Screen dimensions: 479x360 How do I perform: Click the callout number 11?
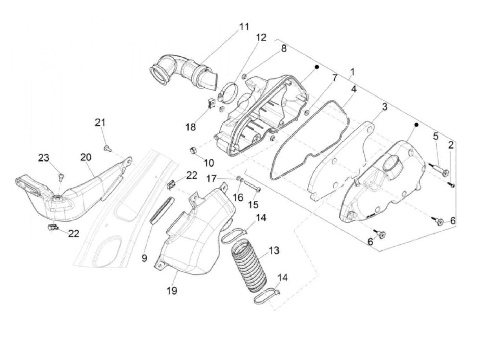(x=244, y=27)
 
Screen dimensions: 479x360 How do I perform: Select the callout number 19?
(x=172, y=291)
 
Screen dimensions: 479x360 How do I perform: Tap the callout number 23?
(x=43, y=158)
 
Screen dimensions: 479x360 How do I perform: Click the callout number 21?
(x=100, y=122)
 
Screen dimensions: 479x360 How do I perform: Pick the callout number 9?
(x=144, y=258)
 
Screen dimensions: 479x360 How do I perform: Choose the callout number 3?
(x=384, y=107)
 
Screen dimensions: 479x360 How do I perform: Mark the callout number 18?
(x=191, y=127)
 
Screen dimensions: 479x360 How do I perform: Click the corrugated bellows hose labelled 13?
(x=249, y=267)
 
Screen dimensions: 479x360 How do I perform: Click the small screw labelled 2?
(x=451, y=185)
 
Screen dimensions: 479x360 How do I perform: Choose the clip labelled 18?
(x=212, y=103)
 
